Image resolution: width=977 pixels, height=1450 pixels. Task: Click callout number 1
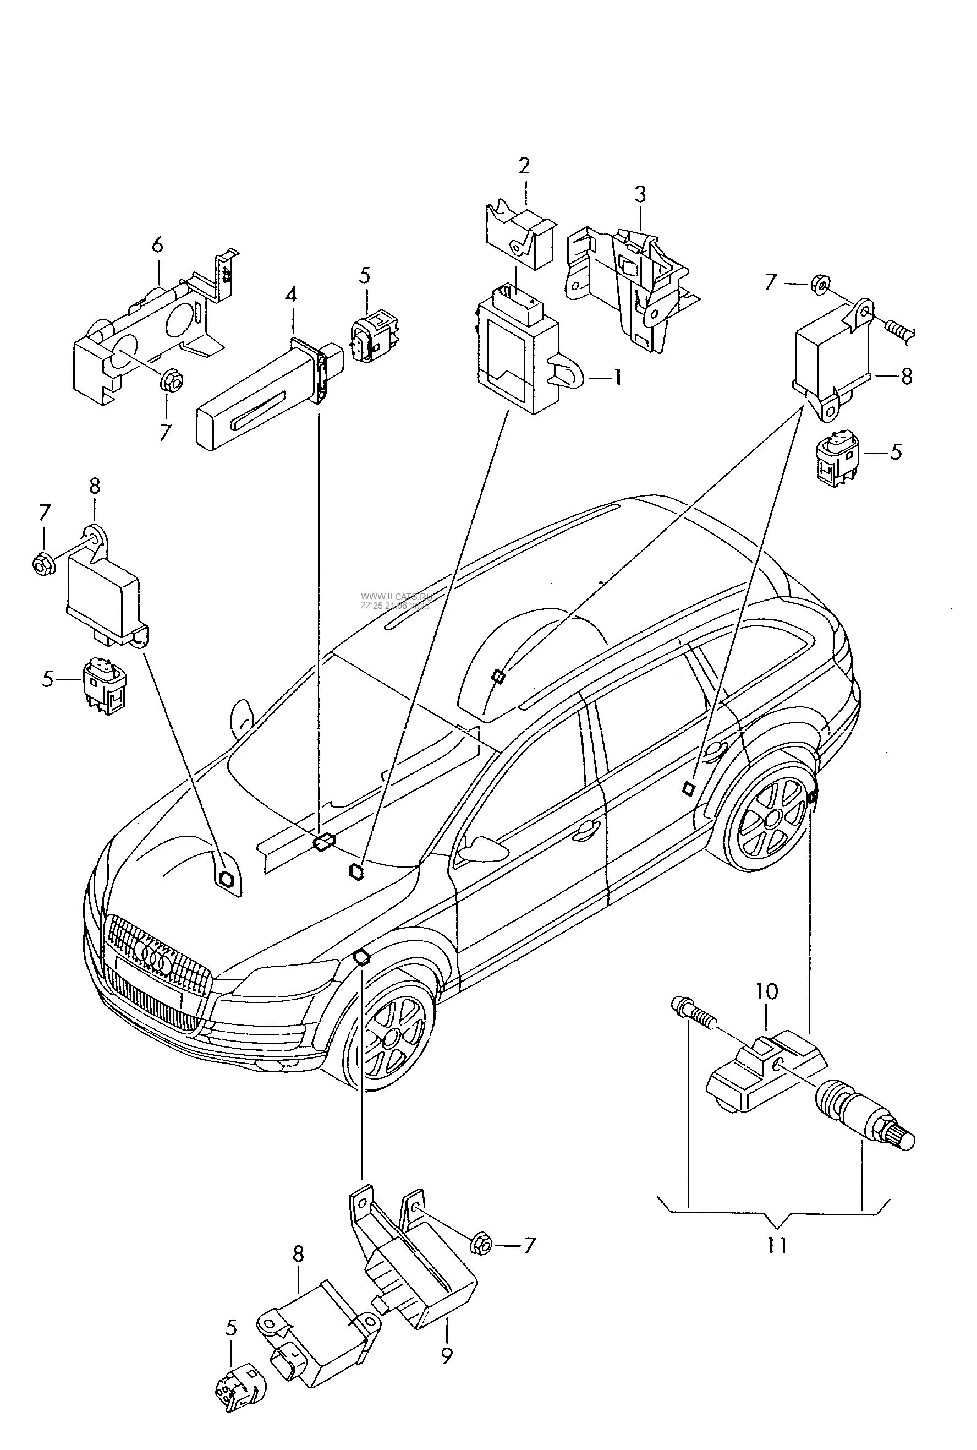tap(617, 378)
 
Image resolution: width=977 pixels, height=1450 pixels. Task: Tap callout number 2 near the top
tap(524, 166)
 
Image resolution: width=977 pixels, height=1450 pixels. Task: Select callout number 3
tap(640, 194)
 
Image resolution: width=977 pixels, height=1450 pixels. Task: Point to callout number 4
tap(291, 293)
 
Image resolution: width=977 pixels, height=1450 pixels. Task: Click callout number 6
tap(157, 245)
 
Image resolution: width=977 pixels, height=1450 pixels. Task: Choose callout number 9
tap(446, 1355)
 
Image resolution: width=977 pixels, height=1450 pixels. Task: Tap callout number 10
tap(767, 991)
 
